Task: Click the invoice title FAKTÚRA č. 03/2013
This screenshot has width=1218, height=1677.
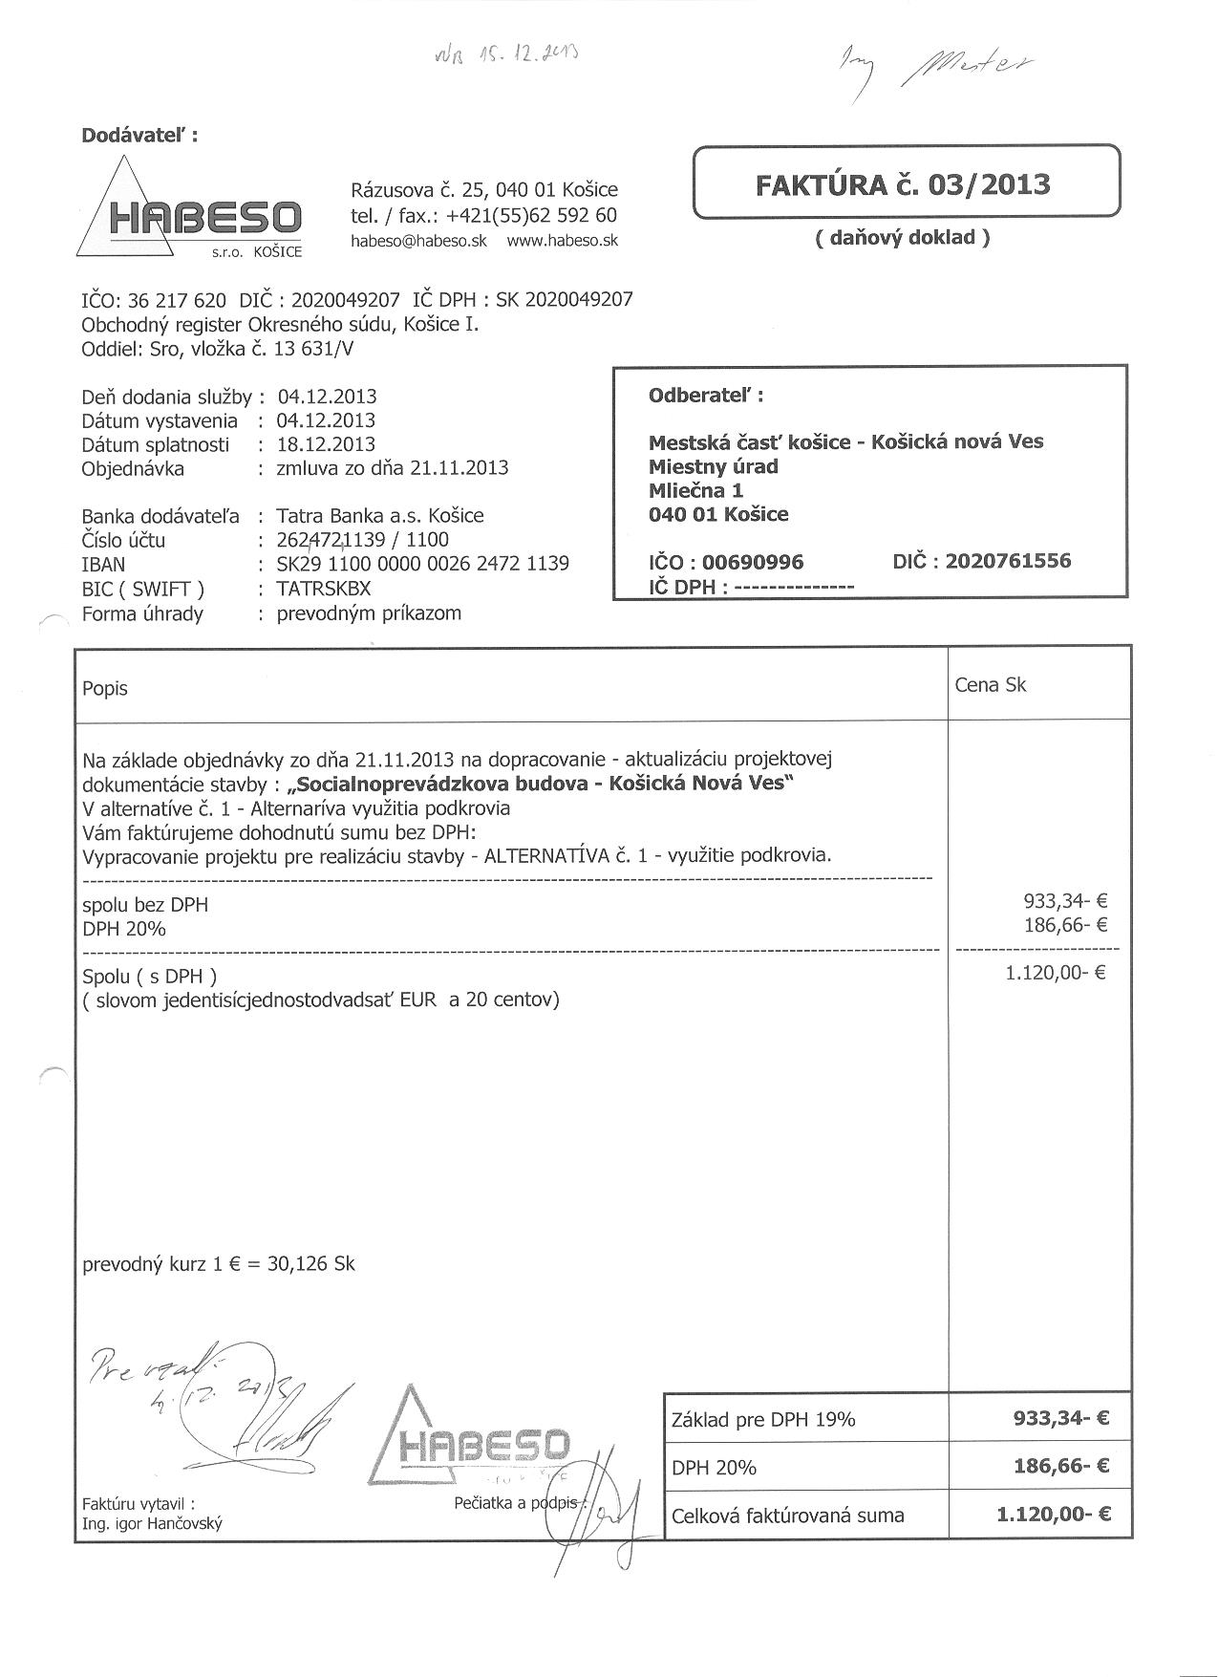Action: pyautogui.click(x=903, y=183)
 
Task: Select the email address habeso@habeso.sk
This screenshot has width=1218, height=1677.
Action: pyautogui.click(x=418, y=241)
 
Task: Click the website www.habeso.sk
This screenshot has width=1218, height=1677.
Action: pyautogui.click(x=562, y=241)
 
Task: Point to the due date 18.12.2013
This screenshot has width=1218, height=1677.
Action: pyautogui.click(x=326, y=444)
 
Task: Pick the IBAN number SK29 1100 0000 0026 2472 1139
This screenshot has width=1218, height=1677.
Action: pyautogui.click(x=422, y=564)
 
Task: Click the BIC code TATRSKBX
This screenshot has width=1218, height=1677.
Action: pyautogui.click(x=323, y=589)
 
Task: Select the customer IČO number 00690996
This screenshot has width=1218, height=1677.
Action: pyautogui.click(x=753, y=562)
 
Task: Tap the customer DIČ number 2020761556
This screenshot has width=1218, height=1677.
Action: pyautogui.click(x=1008, y=561)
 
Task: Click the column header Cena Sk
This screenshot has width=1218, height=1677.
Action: pyautogui.click(x=990, y=685)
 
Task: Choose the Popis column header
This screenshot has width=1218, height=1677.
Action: pyautogui.click(x=105, y=689)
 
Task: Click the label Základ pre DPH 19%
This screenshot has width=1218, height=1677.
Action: pyautogui.click(x=763, y=1420)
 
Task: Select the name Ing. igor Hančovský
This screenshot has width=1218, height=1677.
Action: pyautogui.click(x=152, y=1524)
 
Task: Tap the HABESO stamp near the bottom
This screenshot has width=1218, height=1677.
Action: pyautogui.click(x=478, y=1443)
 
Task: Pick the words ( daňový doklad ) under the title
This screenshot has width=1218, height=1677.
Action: pyautogui.click(x=902, y=238)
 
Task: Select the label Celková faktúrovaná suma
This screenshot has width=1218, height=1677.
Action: pyautogui.click(x=787, y=1516)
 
